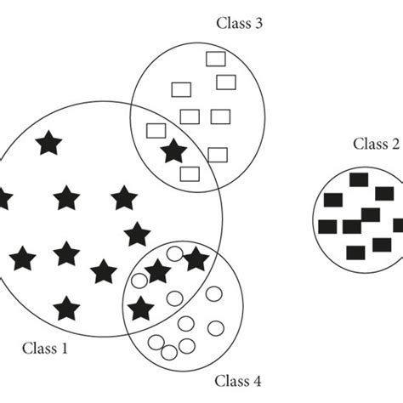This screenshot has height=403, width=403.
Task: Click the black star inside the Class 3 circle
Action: pyautogui.click(x=173, y=151)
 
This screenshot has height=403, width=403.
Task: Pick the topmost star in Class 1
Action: pyautogui.click(x=48, y=142)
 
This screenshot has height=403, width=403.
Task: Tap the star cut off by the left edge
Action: pyautogui.click(x=3, y=199)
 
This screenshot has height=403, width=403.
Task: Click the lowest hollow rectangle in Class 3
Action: pyautogui.click(x=190, y=174)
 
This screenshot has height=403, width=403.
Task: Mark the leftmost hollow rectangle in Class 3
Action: pyautogui.click(x=156, y=131)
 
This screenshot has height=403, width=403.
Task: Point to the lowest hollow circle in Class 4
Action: pyautogui.click(x=169, y=352)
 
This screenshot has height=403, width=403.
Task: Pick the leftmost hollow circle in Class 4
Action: pyautogui.click(x=156, y=343)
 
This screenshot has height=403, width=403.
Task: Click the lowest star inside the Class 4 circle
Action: pyautogui.click(x=140, y=307)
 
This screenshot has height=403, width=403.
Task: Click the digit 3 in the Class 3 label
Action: pyautogui.click(x=258, y=24)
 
